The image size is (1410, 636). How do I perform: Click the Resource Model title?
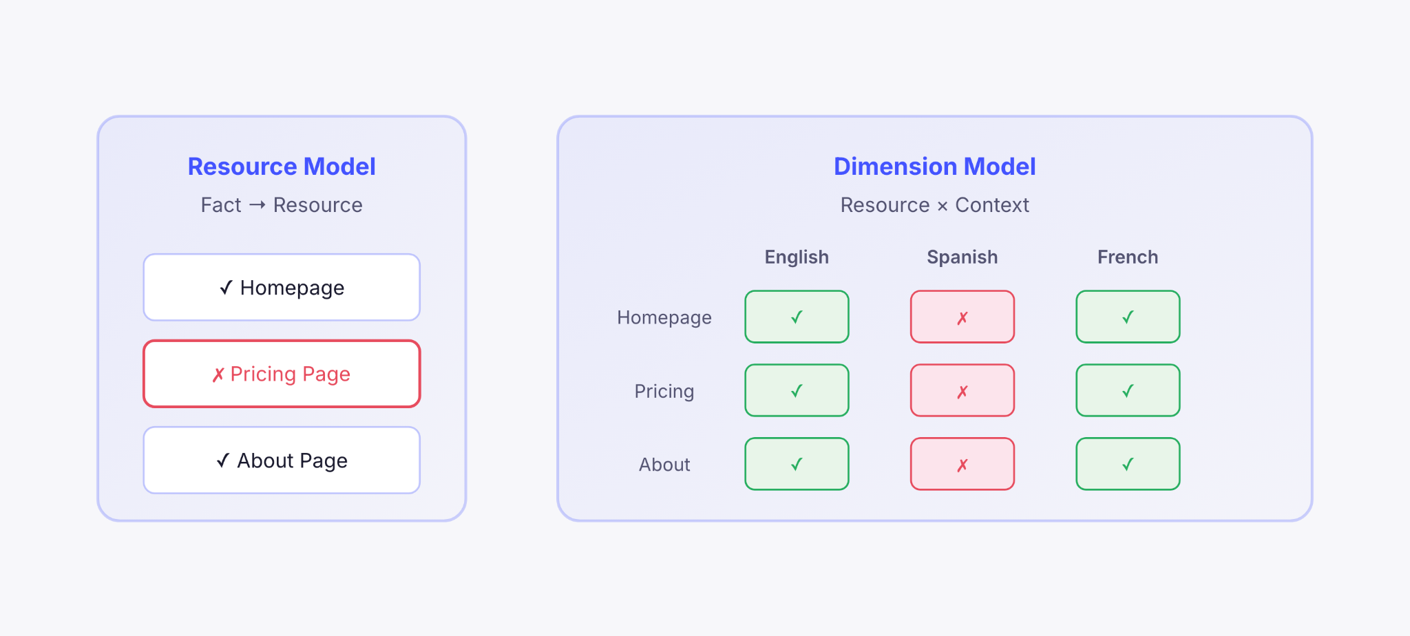pyautogui.click(x=282, y=167)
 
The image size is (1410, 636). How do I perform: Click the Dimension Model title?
pyautogui.click(x=934, y=167)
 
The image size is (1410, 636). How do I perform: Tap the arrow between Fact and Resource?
pyautogui.click(x=257, y=205)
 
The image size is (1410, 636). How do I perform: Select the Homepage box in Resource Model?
pyautogui.click(x=282, y=287)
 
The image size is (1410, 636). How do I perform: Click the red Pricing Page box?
pyautogui.click(x=282, y=374)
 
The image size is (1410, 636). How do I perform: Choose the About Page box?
pyautogui.click(x=282, y=460)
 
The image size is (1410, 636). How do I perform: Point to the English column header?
pyautogui.click(x=797, y=257)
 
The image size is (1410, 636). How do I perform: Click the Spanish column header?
pyautogui.click(x=962, y=257)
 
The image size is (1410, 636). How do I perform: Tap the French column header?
pyautogui.click(x=1128, y=257)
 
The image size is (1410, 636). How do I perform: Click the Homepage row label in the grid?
pyautogui.click(x=664, y=317)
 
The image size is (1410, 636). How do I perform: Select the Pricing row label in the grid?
pyautogui.click(x=664, y=391)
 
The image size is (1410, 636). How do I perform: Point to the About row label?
pyautogui.click(x=664, y=465)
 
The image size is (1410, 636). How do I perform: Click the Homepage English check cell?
pyautogui.click(x=797, y=317)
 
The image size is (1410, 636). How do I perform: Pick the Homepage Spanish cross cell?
pyautogui.click(x=962, y=317)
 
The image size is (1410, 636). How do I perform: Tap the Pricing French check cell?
pyautogui.click(x=1128, y=390)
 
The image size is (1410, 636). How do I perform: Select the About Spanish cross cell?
pyautogui.click(x=962, y=464)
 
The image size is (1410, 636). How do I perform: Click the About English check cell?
pyautogui.click(x=797, y=464)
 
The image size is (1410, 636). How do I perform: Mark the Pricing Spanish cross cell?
pyautogui.click(x=962, y=390)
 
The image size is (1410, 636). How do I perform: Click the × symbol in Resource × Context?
pyautogui.click(x=943, y=206)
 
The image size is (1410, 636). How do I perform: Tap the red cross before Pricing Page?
pyautogui.click(x=218, y=374)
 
